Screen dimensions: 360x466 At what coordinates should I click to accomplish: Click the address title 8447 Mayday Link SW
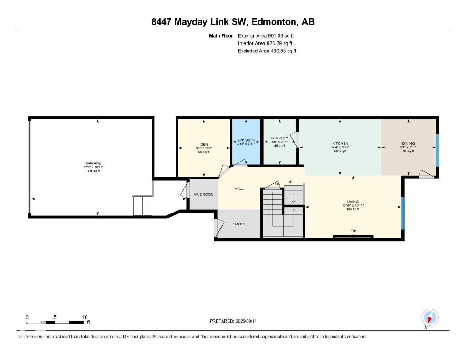pos(233,22)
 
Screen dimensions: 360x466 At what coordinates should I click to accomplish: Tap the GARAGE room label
pos(93,163)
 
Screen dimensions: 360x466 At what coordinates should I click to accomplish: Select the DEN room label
pos(204,144)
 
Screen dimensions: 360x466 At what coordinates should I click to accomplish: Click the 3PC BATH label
pos(246,140)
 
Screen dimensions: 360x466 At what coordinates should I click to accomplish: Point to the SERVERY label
pos(279,138)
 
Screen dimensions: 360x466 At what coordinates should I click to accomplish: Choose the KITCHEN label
pos(340,143)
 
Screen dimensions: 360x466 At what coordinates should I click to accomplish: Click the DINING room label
pos(408,143)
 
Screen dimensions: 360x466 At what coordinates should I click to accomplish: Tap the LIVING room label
pos(353,201)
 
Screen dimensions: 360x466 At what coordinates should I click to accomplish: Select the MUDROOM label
pos(203,194)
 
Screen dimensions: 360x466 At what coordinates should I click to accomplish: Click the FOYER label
pos(239,223)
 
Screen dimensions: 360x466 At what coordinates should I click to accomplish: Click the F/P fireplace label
pos(353,231)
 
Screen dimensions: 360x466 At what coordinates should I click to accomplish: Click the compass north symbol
pos(430,317)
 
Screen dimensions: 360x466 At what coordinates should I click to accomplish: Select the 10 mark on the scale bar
pos(85,317)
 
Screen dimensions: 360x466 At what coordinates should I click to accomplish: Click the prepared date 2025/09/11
pos(236,321)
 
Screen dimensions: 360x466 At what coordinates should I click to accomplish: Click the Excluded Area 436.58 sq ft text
pos(267,51)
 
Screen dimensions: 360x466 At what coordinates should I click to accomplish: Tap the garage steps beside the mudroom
pos(142,206)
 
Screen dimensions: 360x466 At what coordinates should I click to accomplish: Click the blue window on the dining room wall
pos(437,150)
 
